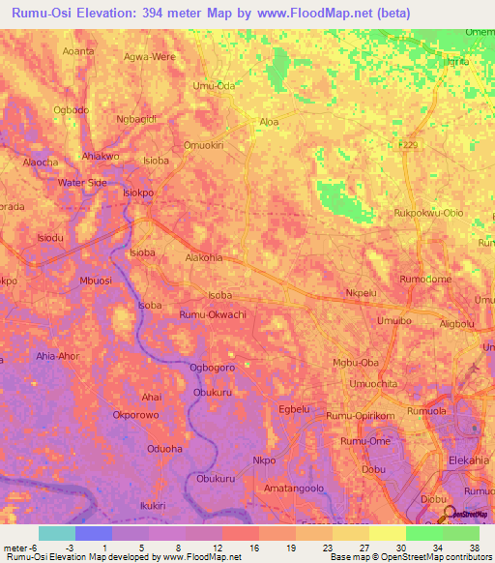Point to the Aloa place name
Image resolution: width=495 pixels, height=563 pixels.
click(269, 122)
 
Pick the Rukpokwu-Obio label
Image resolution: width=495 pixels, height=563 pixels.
click(429, 213)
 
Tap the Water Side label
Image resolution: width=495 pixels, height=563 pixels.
click(82, 182)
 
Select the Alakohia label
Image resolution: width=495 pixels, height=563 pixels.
click(204, 258)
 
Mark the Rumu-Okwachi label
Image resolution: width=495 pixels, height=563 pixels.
click(213, 315)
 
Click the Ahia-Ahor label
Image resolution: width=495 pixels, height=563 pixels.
click(59, 355)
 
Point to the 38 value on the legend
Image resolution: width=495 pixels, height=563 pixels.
click(473, 548)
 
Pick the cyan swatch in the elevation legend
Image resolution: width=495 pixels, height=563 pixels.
click(57, 533)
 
